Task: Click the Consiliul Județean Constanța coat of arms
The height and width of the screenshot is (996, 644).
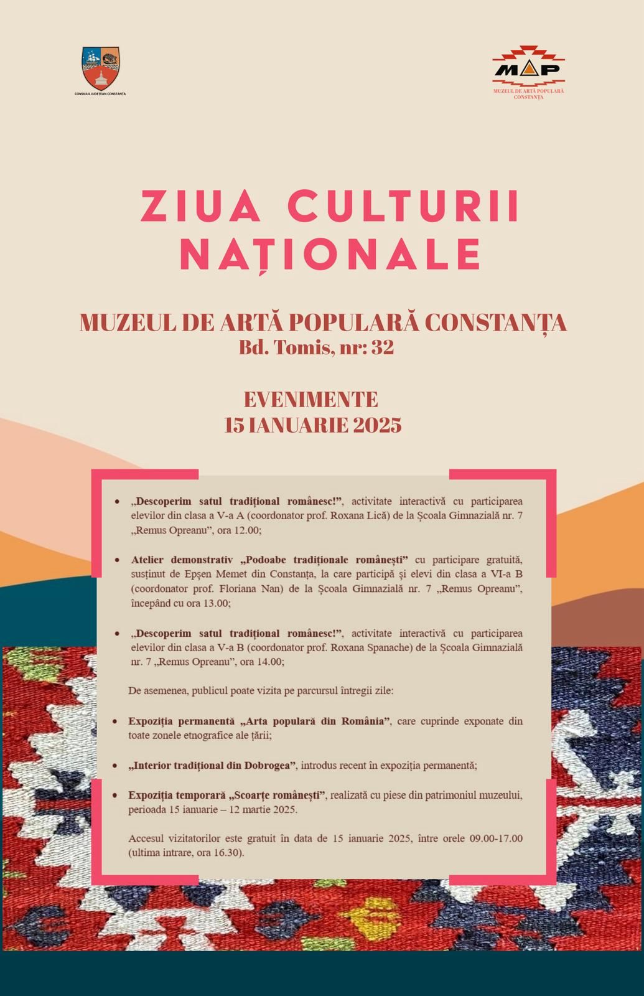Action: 101,68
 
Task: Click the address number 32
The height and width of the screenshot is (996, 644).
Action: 383,348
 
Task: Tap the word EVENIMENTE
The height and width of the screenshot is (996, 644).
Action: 311,399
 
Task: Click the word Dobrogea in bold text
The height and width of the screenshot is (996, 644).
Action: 271,765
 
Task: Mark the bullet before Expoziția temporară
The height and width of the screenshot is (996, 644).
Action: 114,796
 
